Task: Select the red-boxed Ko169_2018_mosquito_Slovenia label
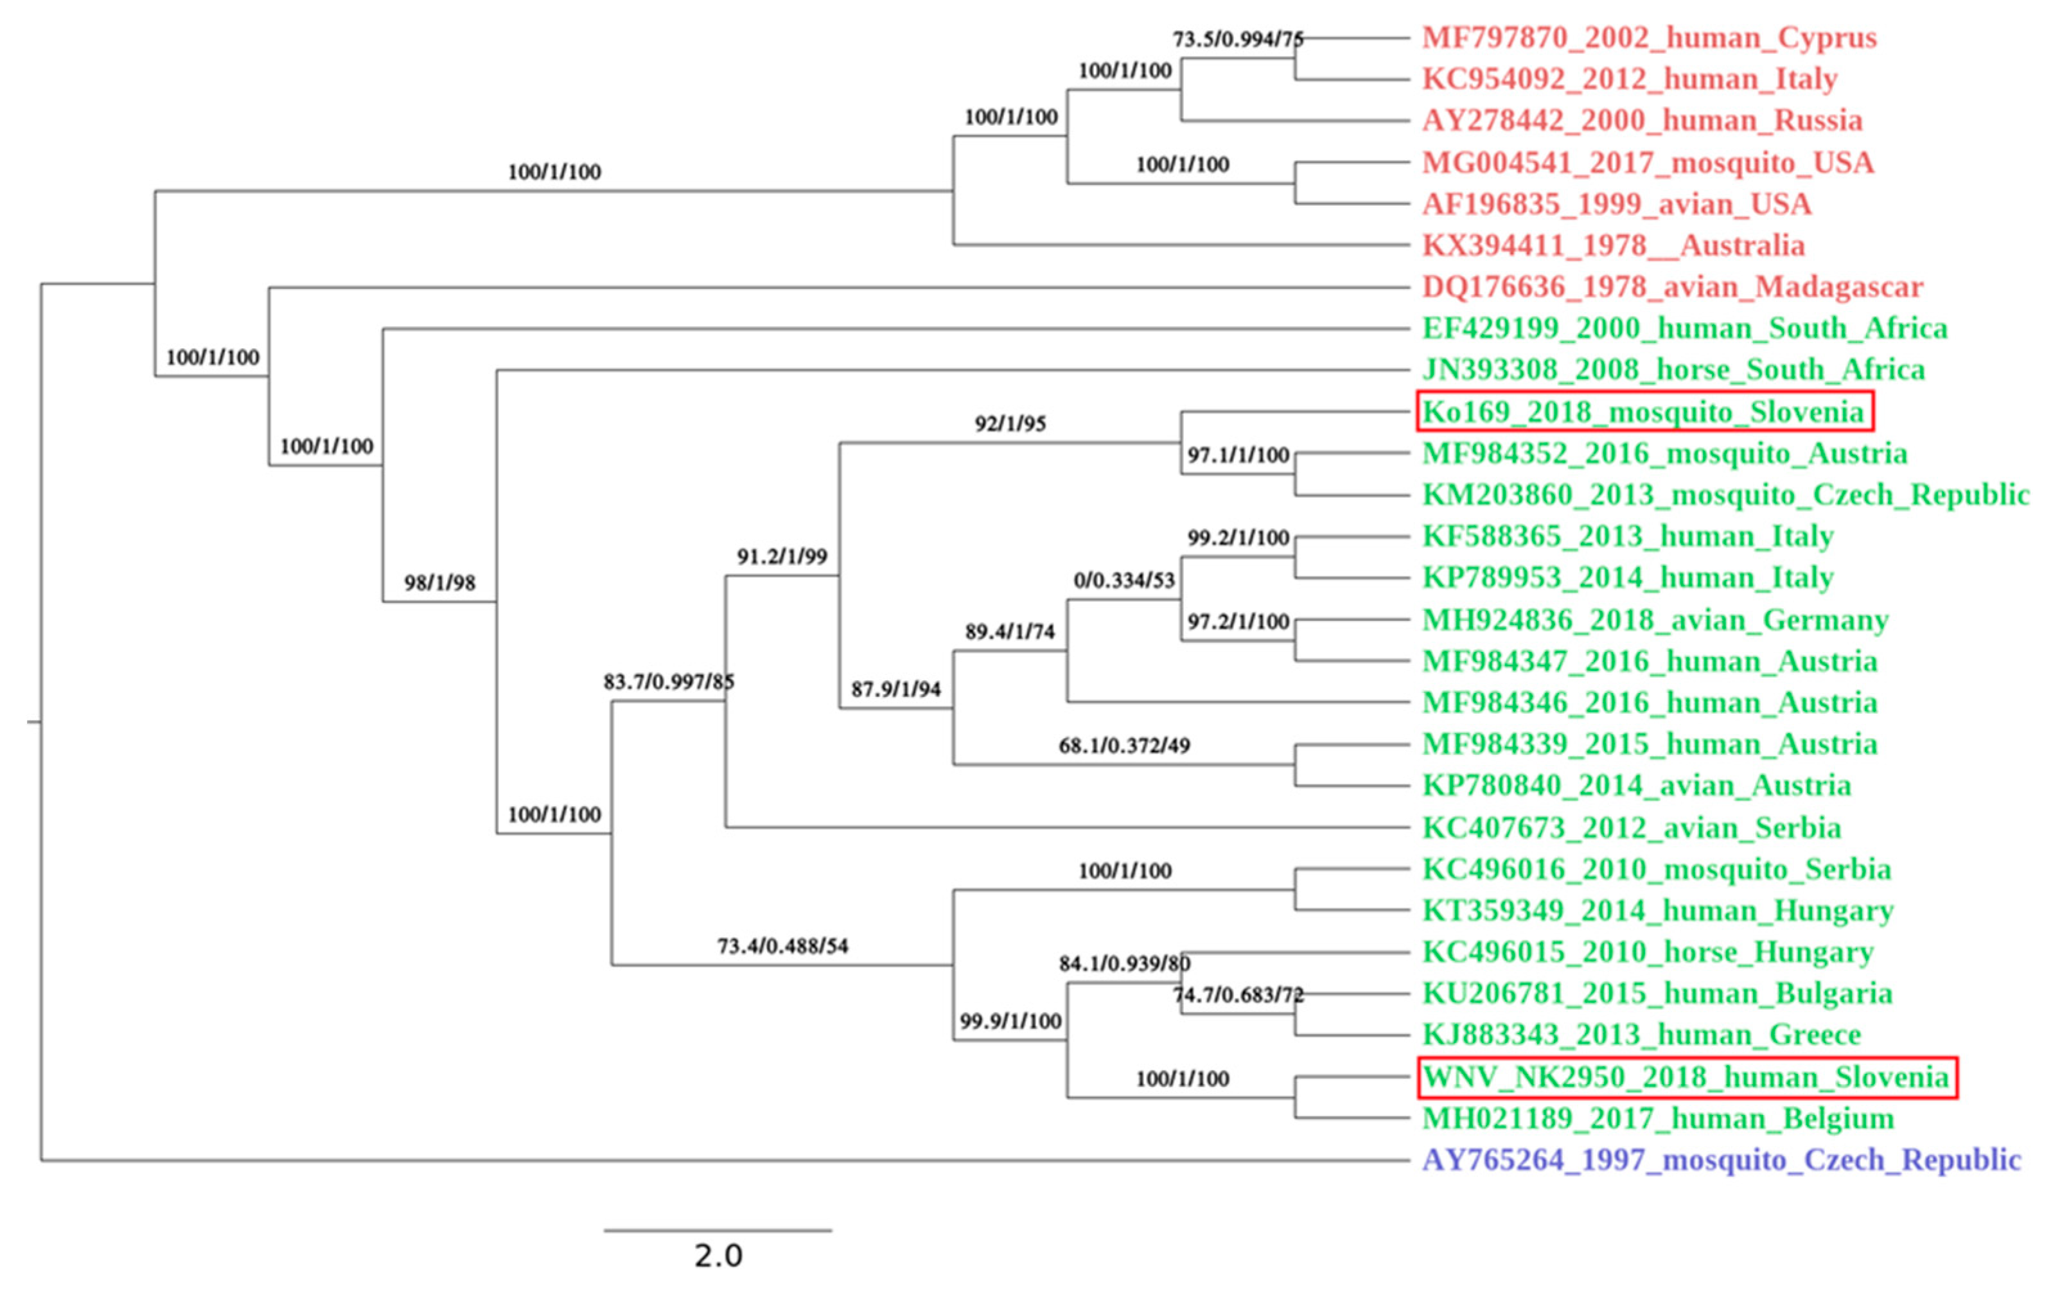pyautogui.click(x=1644, y=412)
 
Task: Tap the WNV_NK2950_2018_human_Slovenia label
pyautogui.click(x=1686, y=1077)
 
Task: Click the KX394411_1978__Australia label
pyautogui.click(x=1613, y=245)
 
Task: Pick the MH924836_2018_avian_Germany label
pyautogui.click(x=1655, y=619)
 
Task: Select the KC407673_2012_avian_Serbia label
pyautogui.click(x=1631, y=827)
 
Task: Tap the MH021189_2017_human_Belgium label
pyautogui.click(x=1657, y=1118)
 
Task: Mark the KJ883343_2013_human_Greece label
pyautogui.click(x=1641, y=1034)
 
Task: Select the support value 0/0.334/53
pyautogui.click(x=1123, y=581)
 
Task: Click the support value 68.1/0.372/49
pyautogui.click(x=1123, y=745)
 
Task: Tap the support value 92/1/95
pyautogui.click(x=1010, y=424)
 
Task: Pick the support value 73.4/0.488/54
pyautogui.click(x=782, y=945)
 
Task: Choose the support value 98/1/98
pyautogui.click(x=439, y=583)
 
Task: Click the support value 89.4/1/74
pyautogui.click(x=1009, y=632)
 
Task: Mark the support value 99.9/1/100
pyautogui.click(x=1010, y=1021)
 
